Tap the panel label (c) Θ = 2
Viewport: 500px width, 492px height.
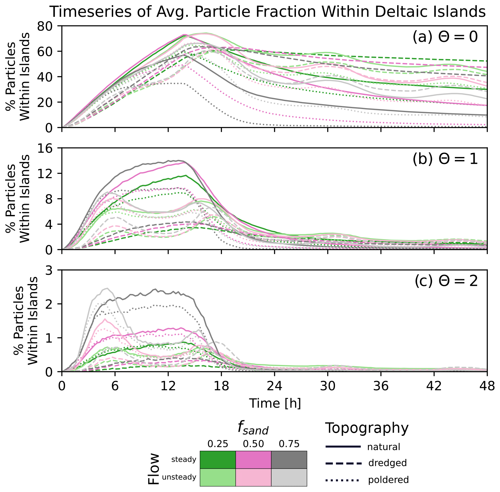click(446, 281)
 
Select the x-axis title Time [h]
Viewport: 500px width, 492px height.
click(275, 403)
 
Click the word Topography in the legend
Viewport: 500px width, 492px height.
click(367, 428)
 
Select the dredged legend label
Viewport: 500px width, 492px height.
click(387, 463)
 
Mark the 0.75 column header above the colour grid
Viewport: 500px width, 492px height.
click(289, 444)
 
